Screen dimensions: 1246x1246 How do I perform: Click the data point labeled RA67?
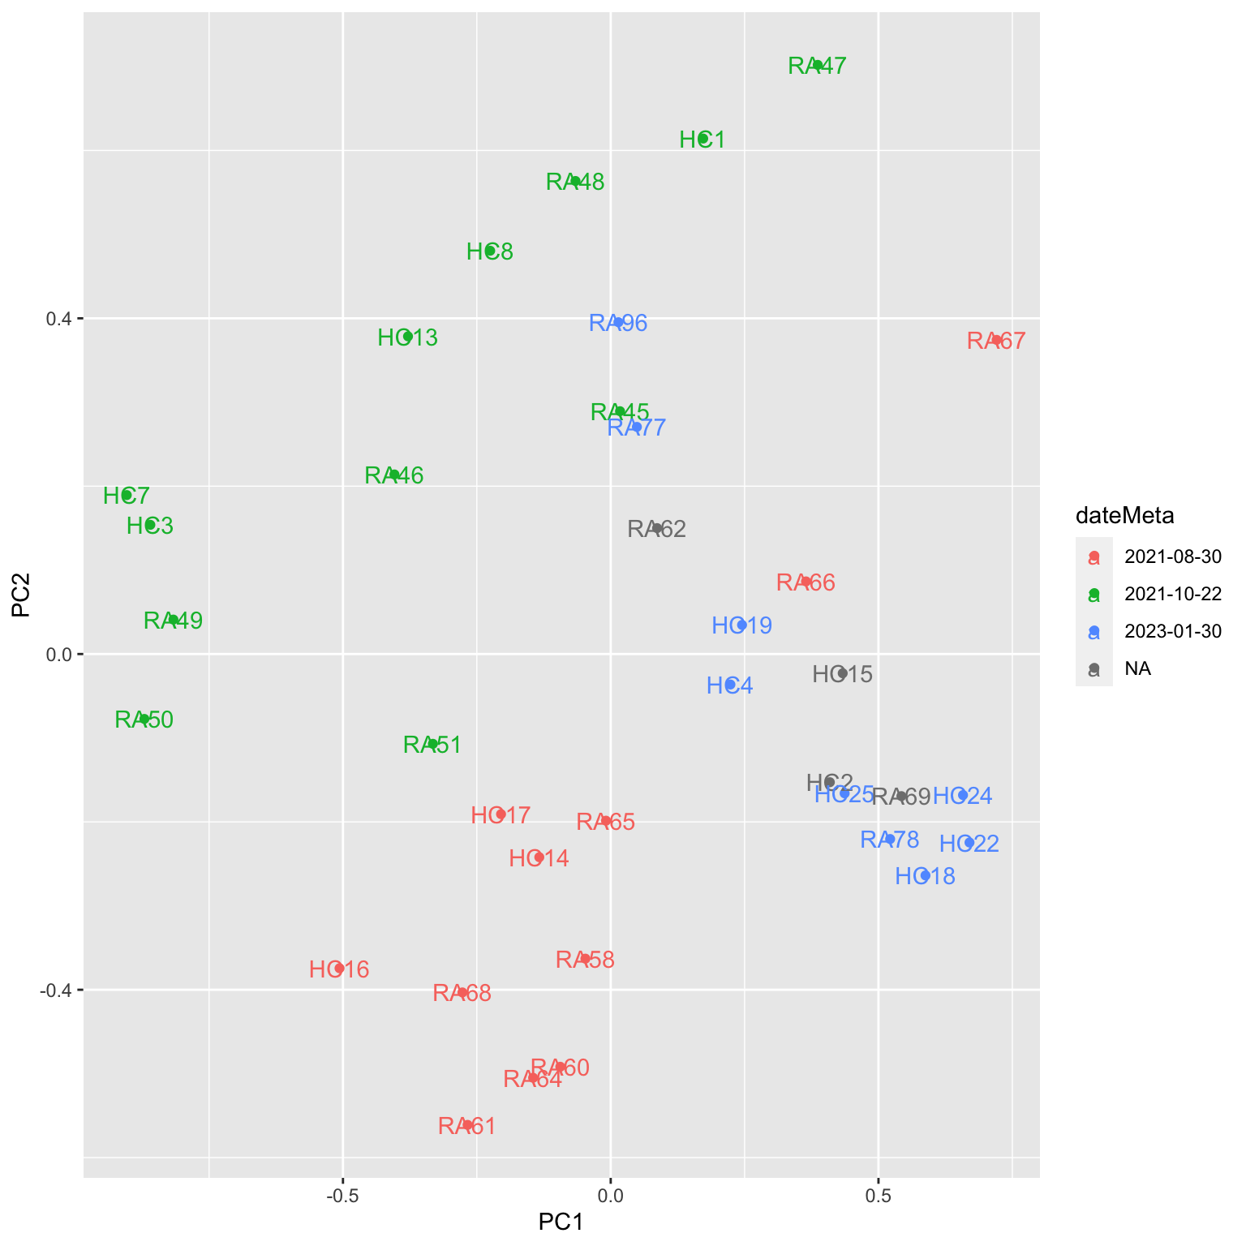(x=996, y=340)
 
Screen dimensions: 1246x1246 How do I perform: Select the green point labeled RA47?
(x=818, y=65)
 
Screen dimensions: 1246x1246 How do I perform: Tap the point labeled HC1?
(x=703, y=139)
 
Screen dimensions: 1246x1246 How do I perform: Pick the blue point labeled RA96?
(x=618, y=322)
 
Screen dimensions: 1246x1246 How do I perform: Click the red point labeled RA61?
(x=467, y=1124)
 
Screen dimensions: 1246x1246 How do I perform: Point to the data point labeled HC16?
(x=339, y=968)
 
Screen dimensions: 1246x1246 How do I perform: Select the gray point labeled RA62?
(x=658, y=528)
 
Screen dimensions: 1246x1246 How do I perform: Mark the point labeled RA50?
(x=144, y=719)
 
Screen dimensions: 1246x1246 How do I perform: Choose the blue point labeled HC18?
(x=923, y=875)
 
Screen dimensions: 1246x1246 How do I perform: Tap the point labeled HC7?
(x=127, y=494)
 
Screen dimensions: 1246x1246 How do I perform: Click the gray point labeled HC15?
(x=842, y=673)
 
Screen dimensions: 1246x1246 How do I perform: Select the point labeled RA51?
(x=432, y=744)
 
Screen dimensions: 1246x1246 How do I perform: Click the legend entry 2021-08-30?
(x=1172, y=556)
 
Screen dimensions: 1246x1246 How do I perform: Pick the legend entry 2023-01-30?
(x=1172, y=631)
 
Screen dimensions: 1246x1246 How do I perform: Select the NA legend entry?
(x=1137, y=668)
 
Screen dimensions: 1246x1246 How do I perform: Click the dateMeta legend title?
(x=1124, y=515)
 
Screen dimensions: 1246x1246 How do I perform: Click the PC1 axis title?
(x=561, y=1222)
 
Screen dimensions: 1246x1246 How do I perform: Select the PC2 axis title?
(x=21, y=595)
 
